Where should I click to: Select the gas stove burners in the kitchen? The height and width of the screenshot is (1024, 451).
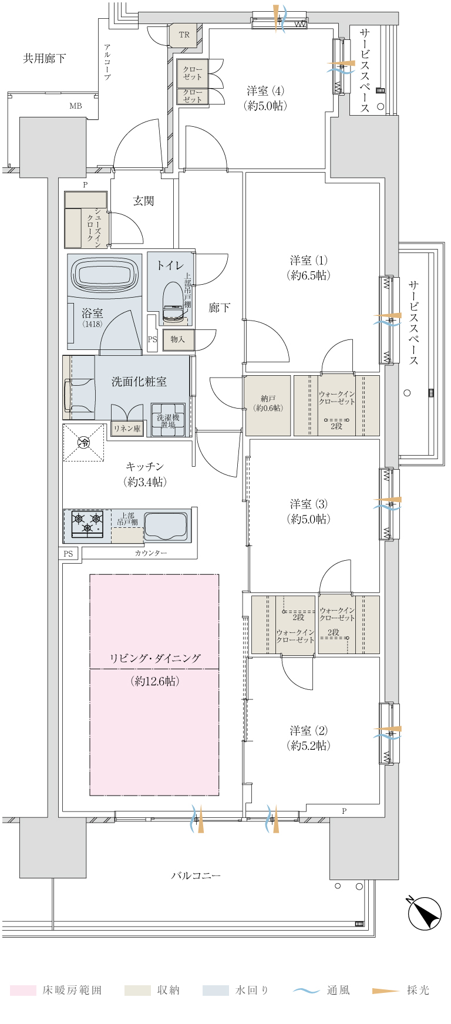click(87, 524)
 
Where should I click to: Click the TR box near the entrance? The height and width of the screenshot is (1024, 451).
click(184, 35)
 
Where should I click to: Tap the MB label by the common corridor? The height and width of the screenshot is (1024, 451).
click(76, 106)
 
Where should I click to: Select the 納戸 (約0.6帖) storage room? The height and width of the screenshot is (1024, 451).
click(268, 406)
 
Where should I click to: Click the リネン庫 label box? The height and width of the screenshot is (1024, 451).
click(127, 429)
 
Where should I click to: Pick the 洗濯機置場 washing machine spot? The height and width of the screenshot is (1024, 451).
click(168, 420)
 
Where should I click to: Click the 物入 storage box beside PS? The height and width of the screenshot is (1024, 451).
click(178, 340)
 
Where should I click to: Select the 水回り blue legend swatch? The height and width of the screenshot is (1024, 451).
click(216, 990)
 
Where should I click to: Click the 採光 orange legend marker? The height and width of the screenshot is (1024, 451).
click(386, 991)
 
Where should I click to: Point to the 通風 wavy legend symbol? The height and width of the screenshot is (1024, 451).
click(306, 991)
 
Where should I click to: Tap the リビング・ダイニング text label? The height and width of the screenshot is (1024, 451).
click(155, 658)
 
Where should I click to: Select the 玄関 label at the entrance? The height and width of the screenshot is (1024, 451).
click(143, 201)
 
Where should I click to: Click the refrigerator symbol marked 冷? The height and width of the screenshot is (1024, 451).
click(84, 442)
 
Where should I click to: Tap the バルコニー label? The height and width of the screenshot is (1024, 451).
click(196, 875)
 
